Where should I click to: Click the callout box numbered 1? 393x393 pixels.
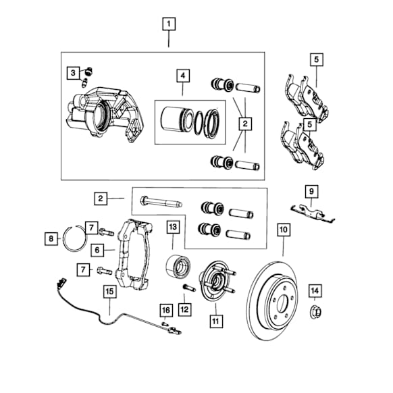click(x=169, y=24)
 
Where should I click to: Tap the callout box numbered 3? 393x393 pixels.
click(x=73, y=73)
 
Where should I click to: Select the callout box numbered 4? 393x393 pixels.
click(x=183, y=76)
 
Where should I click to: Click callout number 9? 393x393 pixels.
click(x=311, y=192)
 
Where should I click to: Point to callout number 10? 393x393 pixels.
click(x=284, y=230)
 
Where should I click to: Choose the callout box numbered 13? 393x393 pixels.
click(x=173, y=227)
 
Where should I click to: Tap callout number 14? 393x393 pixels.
click(x=315, y=291)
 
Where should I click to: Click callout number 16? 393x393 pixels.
click(x=166, y=311)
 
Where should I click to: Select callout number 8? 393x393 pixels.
click(x=51, y=238)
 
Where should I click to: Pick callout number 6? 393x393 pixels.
click(x=97, y=250)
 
